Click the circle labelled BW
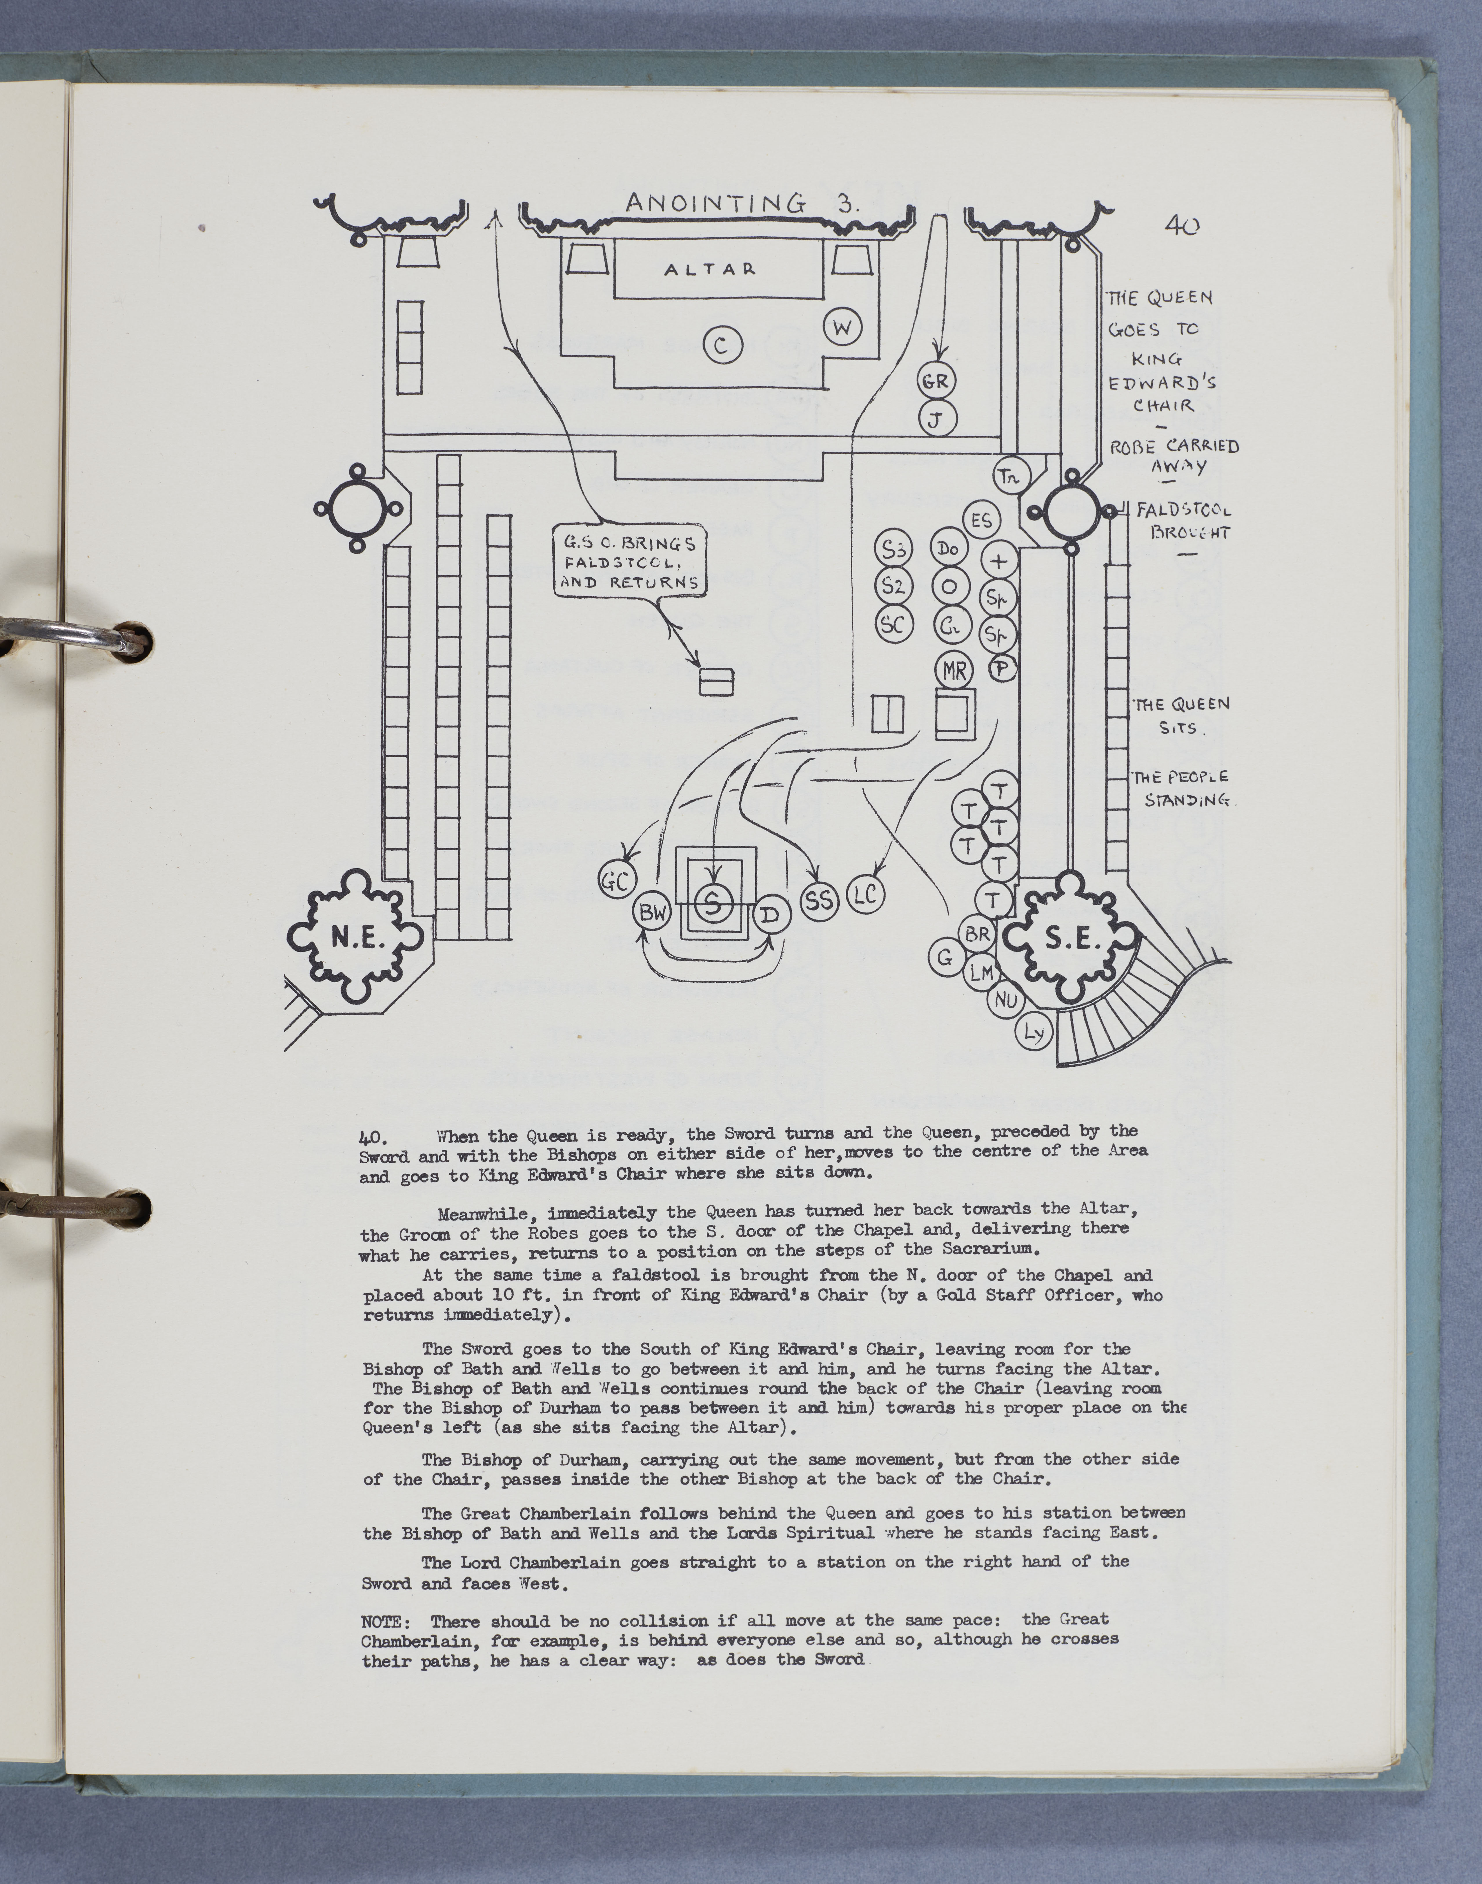pos(655,913)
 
